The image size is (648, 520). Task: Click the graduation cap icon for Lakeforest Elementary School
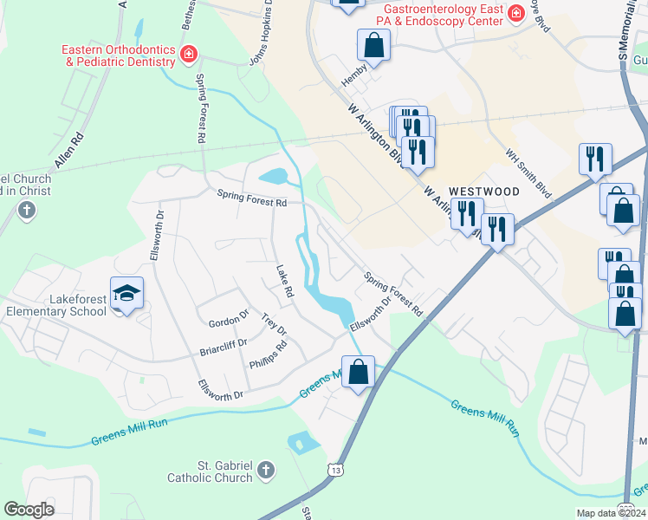[x=126, y=293]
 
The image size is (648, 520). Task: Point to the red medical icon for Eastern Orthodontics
[x=187, y=56]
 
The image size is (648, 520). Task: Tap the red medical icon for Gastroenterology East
[x=516, y=13]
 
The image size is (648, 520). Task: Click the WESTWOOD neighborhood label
[x=483, y=191]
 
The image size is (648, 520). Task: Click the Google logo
[x=29, y=510]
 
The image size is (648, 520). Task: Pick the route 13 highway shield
[x=334, y=469]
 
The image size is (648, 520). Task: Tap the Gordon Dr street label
[x=229, y=322]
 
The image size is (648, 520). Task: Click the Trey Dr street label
[x=273, y=325]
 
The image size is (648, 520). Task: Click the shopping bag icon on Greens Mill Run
[x=358, y=371]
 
